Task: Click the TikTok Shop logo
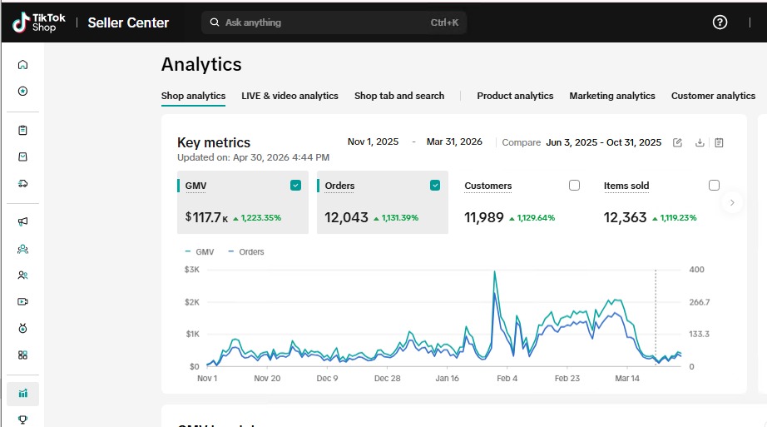click(x=39, y=22)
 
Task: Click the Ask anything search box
click(x=334, y=22)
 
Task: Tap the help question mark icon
click(x=720, y=22)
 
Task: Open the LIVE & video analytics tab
click(x=289, y=96)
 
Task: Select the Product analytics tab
click(x=515, y=96)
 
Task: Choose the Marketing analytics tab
click(x=612, y=96)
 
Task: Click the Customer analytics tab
click(x=713, y=96)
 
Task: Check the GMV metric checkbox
click(x=295, y=185)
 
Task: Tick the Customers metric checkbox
click(x=574, y=185)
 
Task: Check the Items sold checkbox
click(x=714, y=185)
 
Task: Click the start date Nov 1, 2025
click(x=373, y=142)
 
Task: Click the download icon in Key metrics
click(x=700, y=142)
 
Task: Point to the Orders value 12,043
click(x=346, y=217)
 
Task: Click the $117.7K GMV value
click(x=206, y=217)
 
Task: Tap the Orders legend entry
click(x=246, y=251)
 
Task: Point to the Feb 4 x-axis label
click(x=507, y=379)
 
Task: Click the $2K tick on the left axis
click(x=191, y=302)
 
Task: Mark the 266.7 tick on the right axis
click(x=700, y=302)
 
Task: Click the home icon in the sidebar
click(x=22, y=65)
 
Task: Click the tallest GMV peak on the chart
click(x=494, y=271)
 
